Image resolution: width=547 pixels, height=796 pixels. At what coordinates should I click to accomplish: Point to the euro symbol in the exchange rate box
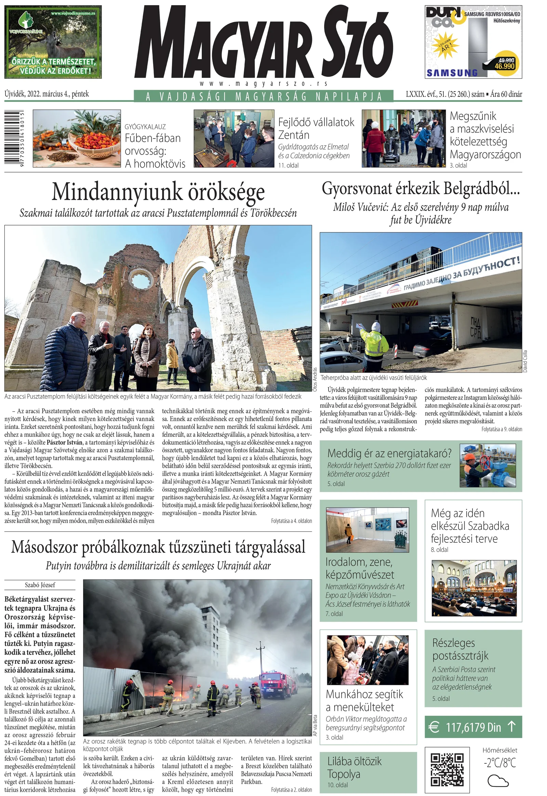pos(434,727)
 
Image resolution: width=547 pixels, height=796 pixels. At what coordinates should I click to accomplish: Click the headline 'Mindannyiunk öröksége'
pos(158,192)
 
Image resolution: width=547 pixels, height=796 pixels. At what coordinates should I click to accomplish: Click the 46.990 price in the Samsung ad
pos(505,66)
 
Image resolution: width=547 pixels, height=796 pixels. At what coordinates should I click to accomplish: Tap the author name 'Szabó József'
pos(40,585)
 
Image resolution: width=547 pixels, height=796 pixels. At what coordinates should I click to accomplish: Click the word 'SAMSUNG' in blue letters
pos(452,73)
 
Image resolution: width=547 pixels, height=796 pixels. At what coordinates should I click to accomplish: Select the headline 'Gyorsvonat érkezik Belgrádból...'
pos(421,189)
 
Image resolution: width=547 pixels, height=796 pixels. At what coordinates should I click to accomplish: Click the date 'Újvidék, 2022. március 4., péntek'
pos(46,94)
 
